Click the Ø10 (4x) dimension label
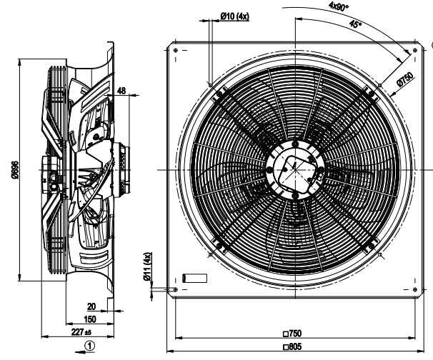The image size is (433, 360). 234,16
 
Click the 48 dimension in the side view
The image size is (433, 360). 121,91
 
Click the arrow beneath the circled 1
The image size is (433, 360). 89,354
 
